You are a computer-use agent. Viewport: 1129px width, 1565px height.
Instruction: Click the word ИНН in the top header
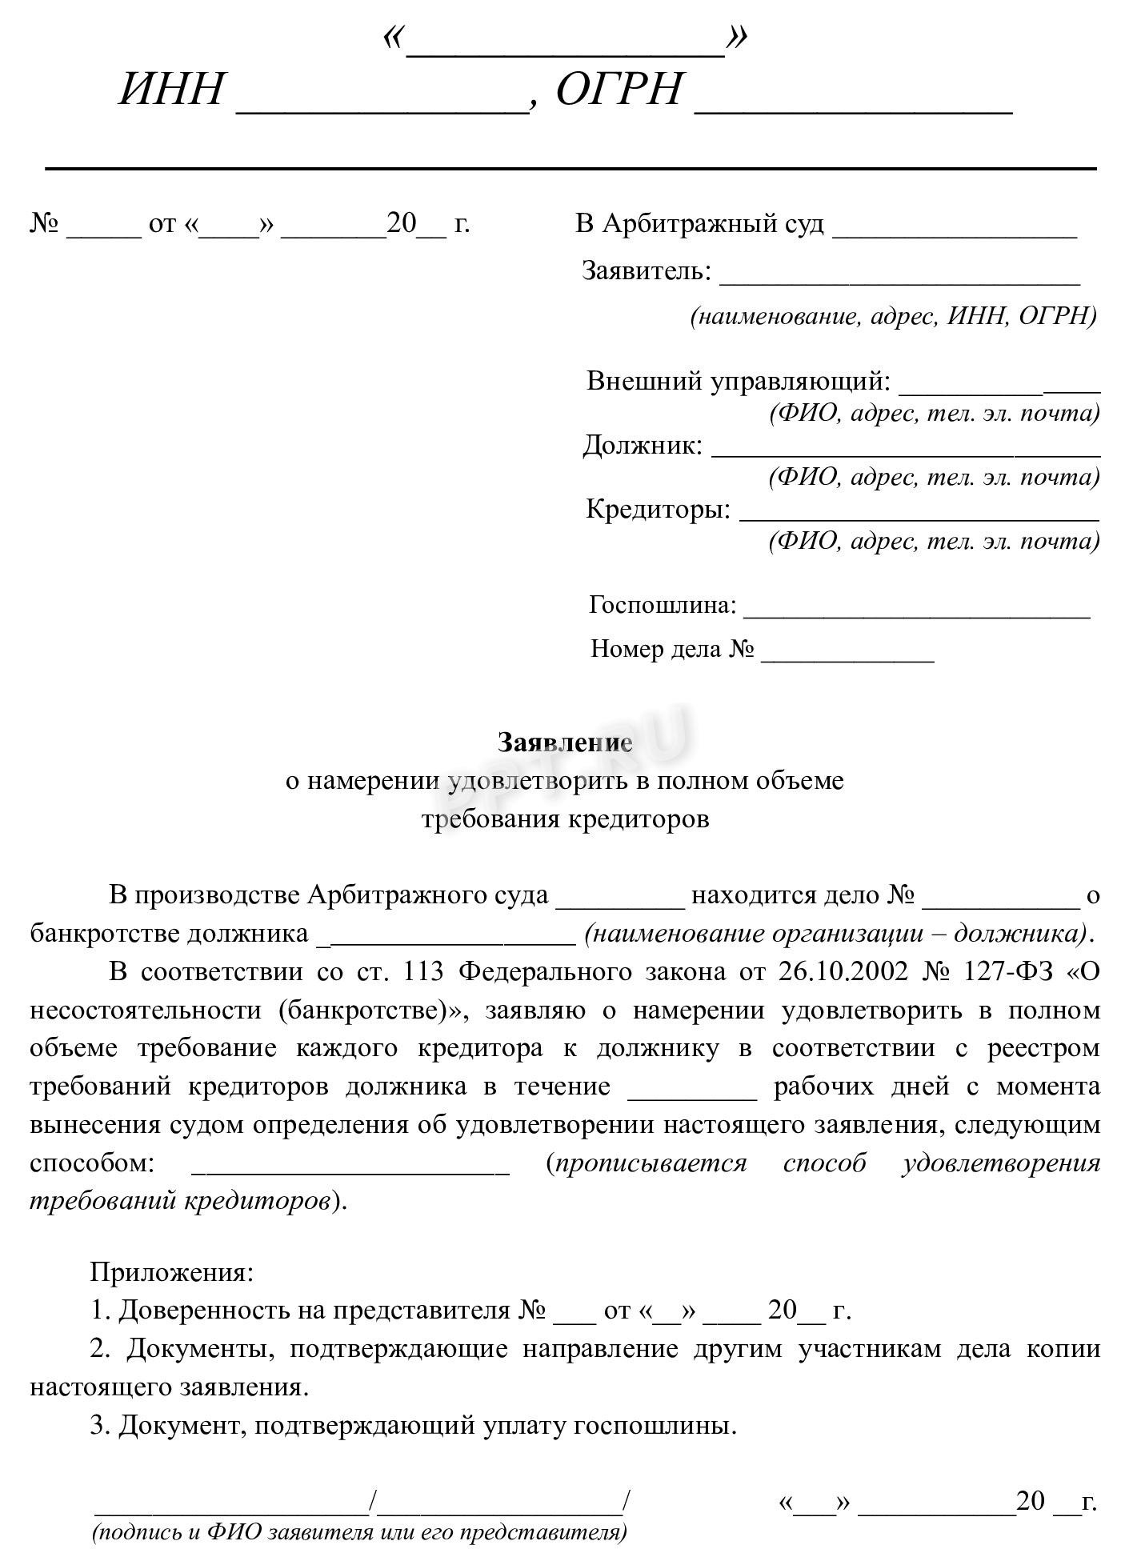(170, 89)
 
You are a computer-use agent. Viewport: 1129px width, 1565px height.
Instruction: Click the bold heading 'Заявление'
(564, 742)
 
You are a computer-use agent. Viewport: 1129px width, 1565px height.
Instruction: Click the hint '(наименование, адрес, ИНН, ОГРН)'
(893, 317)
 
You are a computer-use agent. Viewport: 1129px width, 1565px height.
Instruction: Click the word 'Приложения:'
(171, 1272)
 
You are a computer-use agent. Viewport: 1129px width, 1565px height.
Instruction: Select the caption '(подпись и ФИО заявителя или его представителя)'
(359, 1532)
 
